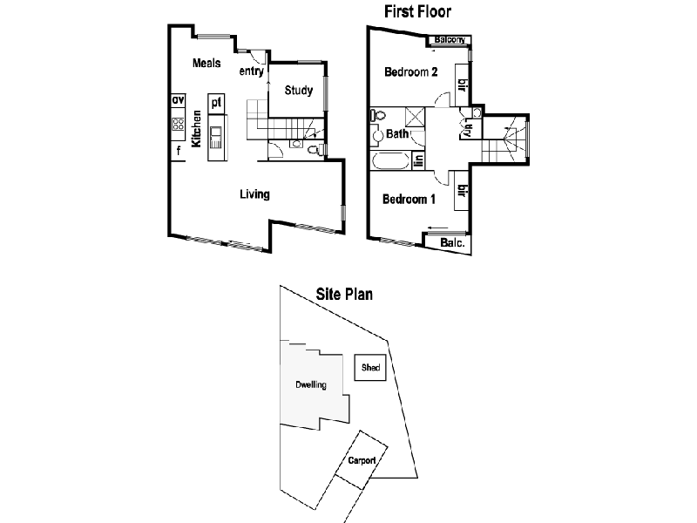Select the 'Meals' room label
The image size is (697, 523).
pos(206,63)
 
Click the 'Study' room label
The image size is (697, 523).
pos(299,90)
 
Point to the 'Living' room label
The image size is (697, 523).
pos(254,194)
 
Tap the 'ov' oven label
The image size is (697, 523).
pos(178,101)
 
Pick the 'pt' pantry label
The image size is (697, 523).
pos(216,102)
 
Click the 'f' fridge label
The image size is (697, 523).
pos(178,151)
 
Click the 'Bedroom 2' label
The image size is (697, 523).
pos(411,71)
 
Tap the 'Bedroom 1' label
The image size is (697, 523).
pos(409,199)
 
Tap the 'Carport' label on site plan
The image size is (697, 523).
pos(361,459)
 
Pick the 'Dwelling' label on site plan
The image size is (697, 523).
pos(310,384)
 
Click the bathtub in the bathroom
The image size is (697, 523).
pos(390,162)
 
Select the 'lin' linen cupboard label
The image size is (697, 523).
pos(419,160)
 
